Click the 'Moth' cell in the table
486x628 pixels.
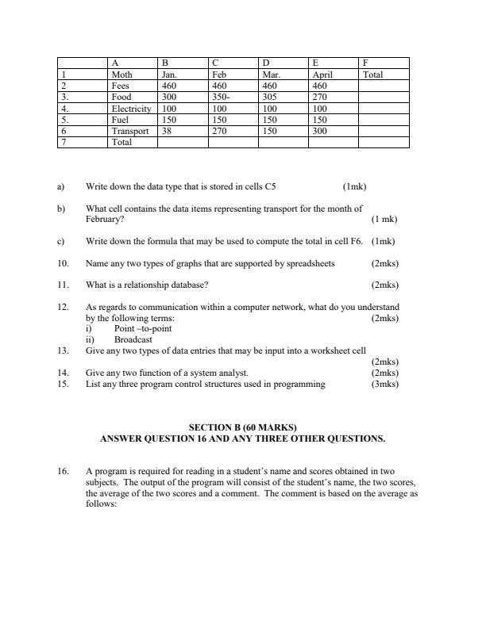coord(122,75)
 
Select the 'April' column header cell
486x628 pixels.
coord(323,75)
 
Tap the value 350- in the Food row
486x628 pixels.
coord(222,98)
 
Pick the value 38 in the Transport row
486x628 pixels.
coord(167,132)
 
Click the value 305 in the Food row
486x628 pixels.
coord(270,98)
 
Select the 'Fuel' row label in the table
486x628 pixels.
coord(121,121)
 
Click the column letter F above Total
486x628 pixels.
coord(365,63)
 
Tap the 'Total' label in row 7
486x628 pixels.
coord(122,143)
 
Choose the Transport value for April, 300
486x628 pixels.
coord(320,132)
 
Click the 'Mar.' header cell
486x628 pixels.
coord(272,75)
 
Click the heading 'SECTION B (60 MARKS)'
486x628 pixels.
coord(242,428)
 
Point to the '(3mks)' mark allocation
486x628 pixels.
coord(385,384)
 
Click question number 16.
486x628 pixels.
coord(63,471)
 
